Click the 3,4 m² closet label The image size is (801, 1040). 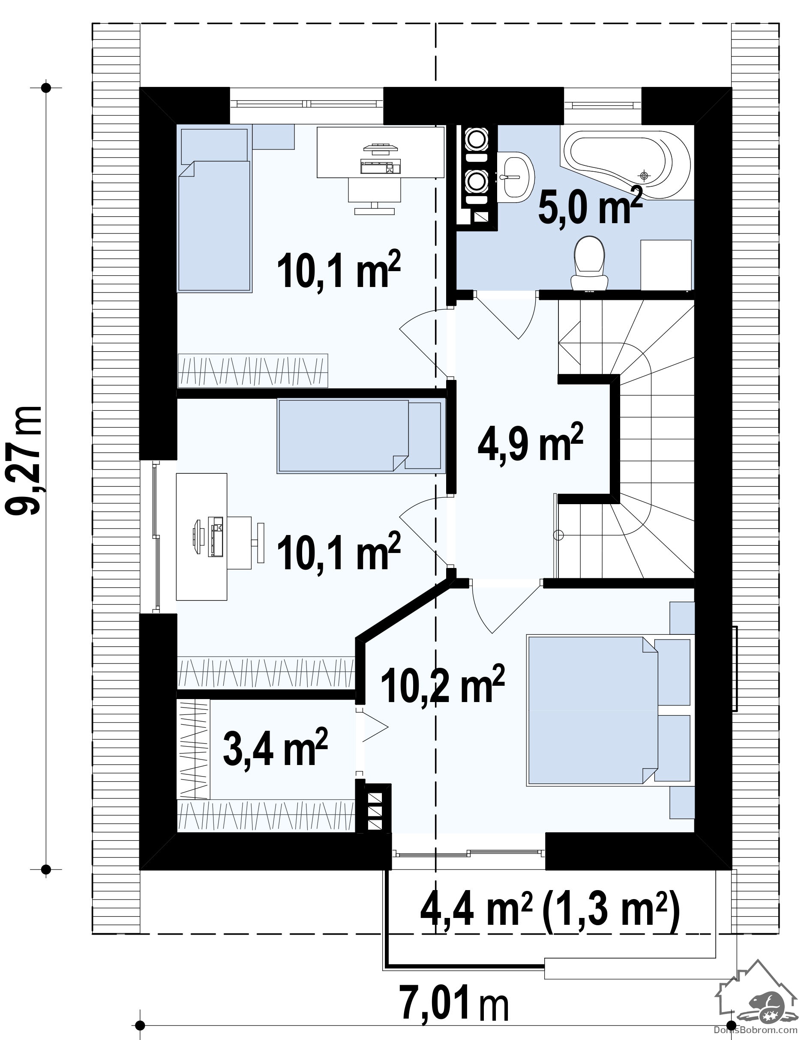[x=275, y=747]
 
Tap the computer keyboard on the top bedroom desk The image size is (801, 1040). [x=381, y=167]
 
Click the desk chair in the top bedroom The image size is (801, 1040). [x=375, y=195]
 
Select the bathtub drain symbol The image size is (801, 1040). [x=644, y=176]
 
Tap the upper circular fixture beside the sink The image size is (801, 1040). [x=476, y=139]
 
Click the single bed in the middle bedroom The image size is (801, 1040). [x=361, y=436]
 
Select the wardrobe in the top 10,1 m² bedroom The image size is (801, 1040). [x=252, y=370]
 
